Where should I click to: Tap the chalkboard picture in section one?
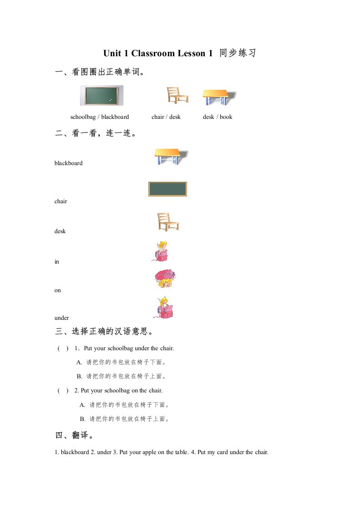[x=101, y=95]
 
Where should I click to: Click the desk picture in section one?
[x=219, y=97]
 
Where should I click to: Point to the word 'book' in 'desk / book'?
[x=226, y=117]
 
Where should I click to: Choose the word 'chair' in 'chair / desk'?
[x=158, y=117]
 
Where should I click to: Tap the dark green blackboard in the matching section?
[x=168, y=189]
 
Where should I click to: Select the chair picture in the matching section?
[x=167, y=221]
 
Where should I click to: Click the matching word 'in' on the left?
[x=57, y=262]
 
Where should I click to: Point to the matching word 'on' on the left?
[x=58, y=290]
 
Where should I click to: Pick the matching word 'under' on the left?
[x=62, y=318]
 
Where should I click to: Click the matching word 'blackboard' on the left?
[x=69, y=163]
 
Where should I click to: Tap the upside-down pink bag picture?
[x=164, y=278]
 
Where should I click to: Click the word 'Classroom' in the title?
[x=153, y=54]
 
